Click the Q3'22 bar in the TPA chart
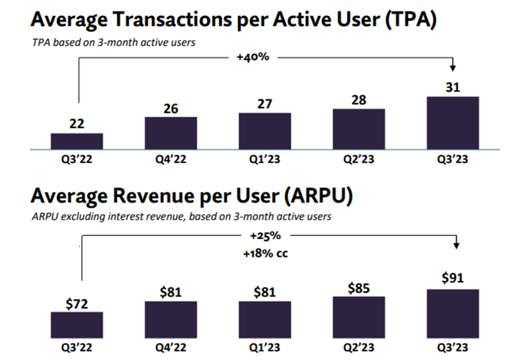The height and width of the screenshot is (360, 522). (77, 141)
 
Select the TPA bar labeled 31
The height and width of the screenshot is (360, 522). (453, 123)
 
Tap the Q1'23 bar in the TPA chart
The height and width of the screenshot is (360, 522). (265, 131)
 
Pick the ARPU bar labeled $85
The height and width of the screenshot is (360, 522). (359, 317)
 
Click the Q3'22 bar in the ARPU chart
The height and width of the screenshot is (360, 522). (77, 325)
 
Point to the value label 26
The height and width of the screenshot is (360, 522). (171, 108)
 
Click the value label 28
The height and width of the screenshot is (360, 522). (359, 100)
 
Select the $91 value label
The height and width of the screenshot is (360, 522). (453, 278)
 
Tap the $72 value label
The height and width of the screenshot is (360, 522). (77, 304)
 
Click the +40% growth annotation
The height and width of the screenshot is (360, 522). (253, 57)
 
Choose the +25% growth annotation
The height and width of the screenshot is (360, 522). (265, 236)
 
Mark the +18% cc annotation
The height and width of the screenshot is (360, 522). (265, 254)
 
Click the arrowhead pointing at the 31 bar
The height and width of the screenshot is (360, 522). (453, 68)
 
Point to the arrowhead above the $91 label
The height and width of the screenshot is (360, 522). (457, 246)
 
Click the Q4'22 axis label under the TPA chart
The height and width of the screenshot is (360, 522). (171, 159)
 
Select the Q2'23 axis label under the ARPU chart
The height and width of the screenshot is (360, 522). (359, 347)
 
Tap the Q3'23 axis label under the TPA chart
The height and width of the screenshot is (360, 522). (453, 159)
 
